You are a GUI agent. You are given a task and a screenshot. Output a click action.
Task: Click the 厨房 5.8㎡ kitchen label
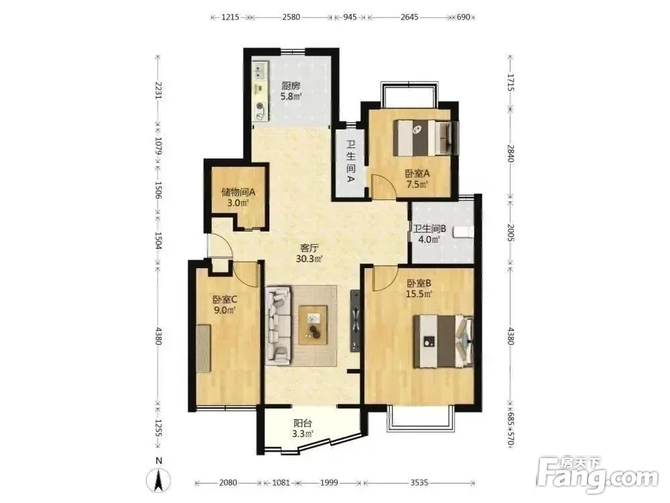(291, 91)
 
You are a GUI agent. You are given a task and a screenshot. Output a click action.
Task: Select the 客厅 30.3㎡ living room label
(310, 254)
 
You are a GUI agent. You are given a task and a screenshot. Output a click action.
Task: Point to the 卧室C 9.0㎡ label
(224, 304)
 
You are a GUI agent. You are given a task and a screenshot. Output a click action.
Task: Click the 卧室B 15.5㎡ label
(419, 288)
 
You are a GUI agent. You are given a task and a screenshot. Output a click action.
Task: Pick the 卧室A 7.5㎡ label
(417, 179)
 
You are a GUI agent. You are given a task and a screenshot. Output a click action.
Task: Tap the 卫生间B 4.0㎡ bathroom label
(429, 234)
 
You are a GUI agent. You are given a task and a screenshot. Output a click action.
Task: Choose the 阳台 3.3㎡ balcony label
(303, 429)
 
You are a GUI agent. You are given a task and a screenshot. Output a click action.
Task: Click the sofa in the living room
(279, 325)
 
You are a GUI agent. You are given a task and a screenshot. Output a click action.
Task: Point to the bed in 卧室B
(443, 341)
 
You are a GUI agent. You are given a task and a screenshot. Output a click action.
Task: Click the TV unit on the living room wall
(356, 321)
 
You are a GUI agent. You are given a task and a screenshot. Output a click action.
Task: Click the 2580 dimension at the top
(291, 17)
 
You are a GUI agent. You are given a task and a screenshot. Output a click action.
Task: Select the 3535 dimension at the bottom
(419, 482)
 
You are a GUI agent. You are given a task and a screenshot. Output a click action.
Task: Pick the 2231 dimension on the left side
(158, 91)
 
